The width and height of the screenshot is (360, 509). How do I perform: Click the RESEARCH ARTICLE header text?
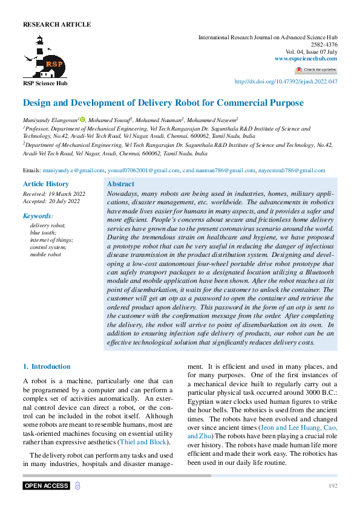pos(57,25)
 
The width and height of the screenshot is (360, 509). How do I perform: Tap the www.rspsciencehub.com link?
pos(306,59)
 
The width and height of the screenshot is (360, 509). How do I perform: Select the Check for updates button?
pos(316,70)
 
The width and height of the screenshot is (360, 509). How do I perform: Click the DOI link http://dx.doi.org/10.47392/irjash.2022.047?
pos(285,82)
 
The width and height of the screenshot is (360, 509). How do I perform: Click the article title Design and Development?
pos(163,103)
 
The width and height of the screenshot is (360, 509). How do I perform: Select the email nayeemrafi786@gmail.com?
pos(291,171)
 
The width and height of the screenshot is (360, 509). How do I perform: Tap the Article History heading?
pos(46,184)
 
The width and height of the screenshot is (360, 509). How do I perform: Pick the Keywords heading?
pos(38,216)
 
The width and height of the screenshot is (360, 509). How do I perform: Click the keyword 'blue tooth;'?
pos(43,233)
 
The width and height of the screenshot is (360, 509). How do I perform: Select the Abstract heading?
pos(120,184)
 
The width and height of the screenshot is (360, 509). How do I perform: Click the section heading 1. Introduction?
pos(47,366)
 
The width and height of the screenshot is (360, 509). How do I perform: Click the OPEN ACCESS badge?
pos(47,486)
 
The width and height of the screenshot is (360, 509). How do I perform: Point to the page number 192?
pos(332,486)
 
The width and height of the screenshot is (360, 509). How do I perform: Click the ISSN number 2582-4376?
pos(324,45)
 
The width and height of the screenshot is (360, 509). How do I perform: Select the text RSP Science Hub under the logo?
pos(45,83)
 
